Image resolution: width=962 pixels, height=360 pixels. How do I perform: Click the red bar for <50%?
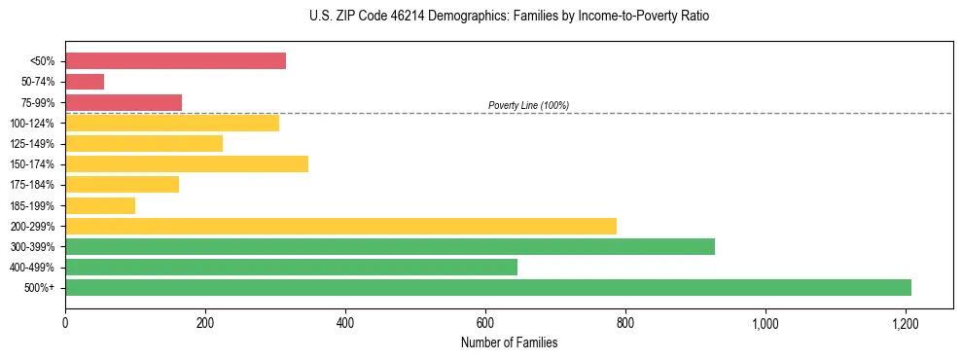click(175, 61)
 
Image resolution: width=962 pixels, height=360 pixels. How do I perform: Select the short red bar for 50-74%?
click(85, 82)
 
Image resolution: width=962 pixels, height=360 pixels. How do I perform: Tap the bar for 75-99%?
click(124, 102)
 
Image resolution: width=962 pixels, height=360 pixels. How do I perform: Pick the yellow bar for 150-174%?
click(187, 163)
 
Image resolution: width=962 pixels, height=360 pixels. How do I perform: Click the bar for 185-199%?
click(100, 205)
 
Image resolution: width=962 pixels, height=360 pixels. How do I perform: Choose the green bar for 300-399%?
click(390, 246)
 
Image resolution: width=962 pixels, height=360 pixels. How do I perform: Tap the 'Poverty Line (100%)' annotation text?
click(528, 105)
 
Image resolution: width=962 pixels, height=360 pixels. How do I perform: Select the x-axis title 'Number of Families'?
click(509, 342)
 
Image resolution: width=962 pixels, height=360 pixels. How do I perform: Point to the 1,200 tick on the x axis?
click(906, 321)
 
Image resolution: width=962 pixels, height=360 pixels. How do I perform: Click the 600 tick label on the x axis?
click(485, 321)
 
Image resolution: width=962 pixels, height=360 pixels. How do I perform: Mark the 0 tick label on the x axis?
click(65, 321)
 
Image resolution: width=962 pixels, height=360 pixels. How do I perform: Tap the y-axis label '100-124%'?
click(32, 124)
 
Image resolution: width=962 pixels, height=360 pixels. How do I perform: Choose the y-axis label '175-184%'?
click(32, 185)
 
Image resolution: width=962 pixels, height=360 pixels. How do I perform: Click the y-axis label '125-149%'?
click(32, 144)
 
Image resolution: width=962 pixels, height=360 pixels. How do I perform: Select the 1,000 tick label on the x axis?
click(766, 321)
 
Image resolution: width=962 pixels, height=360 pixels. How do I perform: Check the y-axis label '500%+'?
click(40, 288)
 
